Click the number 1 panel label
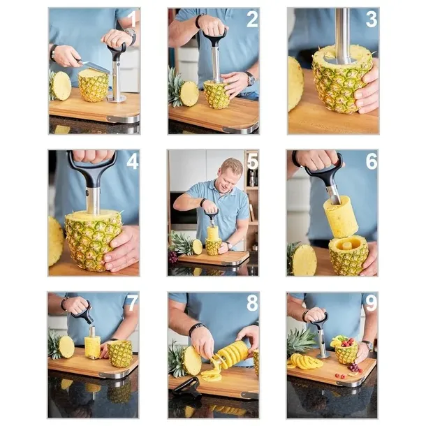tap(133, 19)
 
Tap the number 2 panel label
tap(252, 20)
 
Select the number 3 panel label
tap(372, 20)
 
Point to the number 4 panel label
tap(133, 162)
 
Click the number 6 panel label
tap(372, 161)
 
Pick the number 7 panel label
tap(133, 304)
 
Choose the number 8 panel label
tap(252, 304)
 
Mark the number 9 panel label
tap(372, 304)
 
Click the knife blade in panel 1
tap(96, 67)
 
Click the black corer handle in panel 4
tap(91, 170)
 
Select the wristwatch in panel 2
tap(251, 80)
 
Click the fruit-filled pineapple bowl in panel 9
tap(346, 351)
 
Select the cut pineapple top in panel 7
tap(62, 346)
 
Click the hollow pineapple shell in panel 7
tap(120, 354)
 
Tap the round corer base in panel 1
tap(117, 98)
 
